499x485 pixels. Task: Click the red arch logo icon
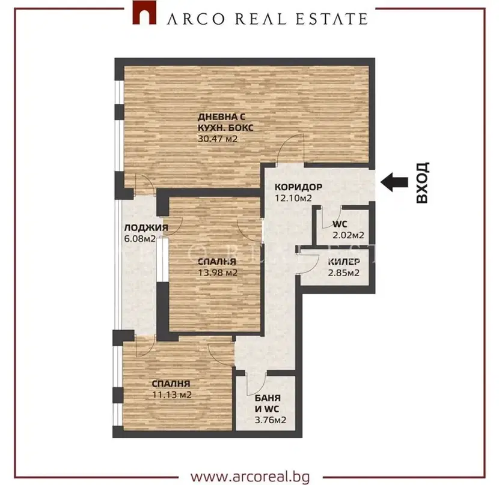click(144, 13)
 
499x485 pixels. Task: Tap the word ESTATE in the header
click(332, 19)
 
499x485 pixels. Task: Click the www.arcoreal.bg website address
click(250, 476)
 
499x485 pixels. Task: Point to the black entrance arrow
click(394, 182)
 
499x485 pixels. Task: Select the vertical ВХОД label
click(423, 182)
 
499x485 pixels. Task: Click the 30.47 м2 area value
click(218, 139)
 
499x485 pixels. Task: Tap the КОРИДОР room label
click(299, 187)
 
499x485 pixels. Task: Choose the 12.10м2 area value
click(293, 198)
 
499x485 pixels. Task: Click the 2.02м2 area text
click(348, 235)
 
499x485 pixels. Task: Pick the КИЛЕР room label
click(344, 262)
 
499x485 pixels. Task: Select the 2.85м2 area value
click(344, 273)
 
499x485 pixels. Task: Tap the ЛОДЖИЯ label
click(146, 227)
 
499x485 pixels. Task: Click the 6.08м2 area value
click(139, 238)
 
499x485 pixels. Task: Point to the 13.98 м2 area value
click(218, 273)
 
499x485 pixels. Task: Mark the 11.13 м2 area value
click(172, 395)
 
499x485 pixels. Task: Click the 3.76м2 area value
click(271, 420)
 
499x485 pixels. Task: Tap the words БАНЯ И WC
click(268, 403)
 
